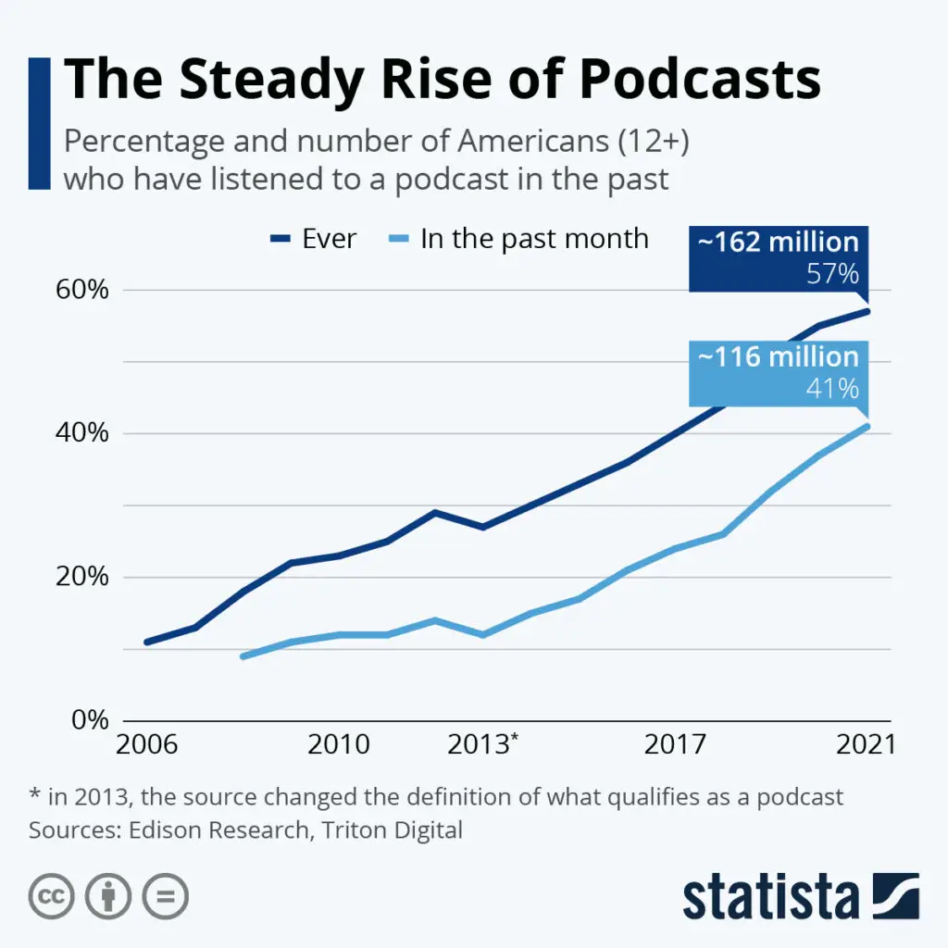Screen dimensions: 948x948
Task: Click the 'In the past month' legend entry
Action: coord(534,238)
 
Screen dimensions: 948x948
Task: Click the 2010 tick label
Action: coord(338,744)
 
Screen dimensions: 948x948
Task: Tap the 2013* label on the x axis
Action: coord(482,744)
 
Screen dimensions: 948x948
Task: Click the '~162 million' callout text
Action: coord(778,243)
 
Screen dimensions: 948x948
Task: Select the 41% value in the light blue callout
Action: coord(832,389)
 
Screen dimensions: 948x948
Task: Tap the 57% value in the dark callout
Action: coord(832,274)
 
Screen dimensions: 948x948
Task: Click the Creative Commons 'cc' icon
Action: coord(52,896)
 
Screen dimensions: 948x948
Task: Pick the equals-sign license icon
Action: coord(166,896)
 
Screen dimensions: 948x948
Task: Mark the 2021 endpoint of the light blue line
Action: coord(867,426)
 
